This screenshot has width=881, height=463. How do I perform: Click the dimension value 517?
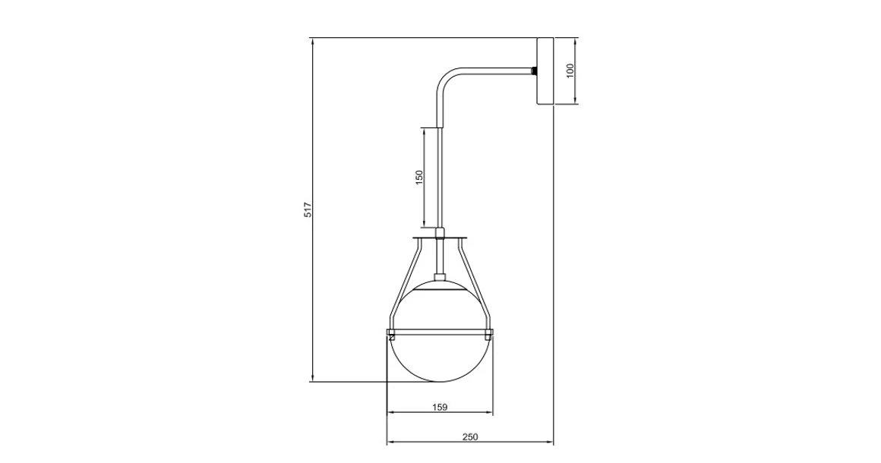point(308,210)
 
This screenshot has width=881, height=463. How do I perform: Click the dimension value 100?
point(570,71)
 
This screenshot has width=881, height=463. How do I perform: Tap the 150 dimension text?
point(418,178)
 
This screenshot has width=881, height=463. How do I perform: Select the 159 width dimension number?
point(440,407)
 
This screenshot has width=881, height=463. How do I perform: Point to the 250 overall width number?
point(470,437)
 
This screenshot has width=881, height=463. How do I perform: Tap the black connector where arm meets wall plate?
point(533,71)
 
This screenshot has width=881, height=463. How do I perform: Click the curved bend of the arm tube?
point(444,77)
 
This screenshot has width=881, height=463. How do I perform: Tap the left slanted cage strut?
point(405,280)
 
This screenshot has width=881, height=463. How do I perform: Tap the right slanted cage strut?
point(475,280)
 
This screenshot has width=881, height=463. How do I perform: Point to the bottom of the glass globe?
point(440,380)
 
